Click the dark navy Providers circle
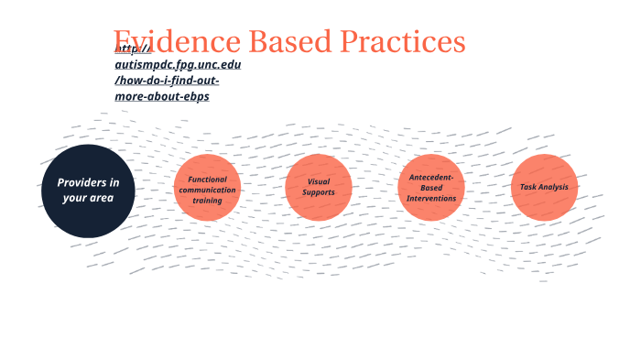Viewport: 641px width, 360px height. point(89,191)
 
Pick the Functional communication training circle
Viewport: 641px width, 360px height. point(207,188)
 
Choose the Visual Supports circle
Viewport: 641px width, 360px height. point(319,188)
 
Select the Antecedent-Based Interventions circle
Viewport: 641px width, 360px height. point(431,188)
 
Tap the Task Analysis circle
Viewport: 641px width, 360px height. point(544,188)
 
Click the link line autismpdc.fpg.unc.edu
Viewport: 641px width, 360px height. point(179,65)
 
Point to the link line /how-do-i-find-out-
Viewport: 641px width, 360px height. point(168,81)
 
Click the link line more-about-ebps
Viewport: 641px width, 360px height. point(162,96)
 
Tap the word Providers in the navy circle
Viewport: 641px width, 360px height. point(80,183)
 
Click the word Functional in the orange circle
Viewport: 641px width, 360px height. point(207,180)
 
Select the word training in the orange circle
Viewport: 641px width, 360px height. point(207,201)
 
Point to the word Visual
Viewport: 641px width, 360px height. point(319,181)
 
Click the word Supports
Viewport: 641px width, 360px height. point(319,193)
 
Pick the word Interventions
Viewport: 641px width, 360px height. point(431,199)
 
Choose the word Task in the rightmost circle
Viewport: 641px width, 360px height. point(527,188)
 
